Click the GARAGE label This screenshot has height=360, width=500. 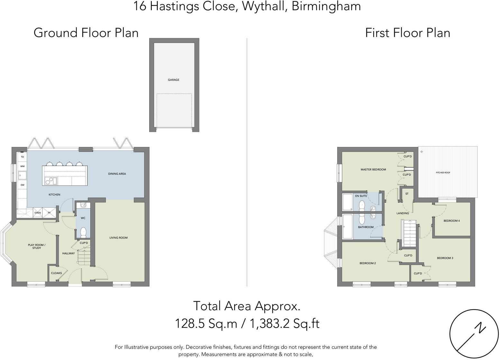pos(173,80)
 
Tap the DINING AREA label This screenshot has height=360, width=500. pos(117,174)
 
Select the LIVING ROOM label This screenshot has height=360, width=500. pos(118,238)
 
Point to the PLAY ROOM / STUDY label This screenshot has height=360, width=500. pos(37,247)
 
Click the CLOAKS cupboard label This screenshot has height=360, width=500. pos(56,273)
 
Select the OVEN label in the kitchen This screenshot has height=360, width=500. pos(38,213)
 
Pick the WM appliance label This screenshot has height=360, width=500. pos(22,166)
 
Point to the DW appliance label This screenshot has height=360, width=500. pos(22,185)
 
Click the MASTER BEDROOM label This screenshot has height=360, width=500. pos(373,169)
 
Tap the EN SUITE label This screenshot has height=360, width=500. pos(361,196)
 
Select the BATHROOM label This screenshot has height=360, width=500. pos(366,227)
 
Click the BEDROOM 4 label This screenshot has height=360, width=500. pos(451,221)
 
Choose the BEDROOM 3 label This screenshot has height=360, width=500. pos(445,258)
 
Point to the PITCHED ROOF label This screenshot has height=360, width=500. pos(443,173)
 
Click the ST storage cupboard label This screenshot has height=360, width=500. pos(407,194)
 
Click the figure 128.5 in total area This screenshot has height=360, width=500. pos(190,323)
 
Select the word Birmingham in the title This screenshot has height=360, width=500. pos(326,6)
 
